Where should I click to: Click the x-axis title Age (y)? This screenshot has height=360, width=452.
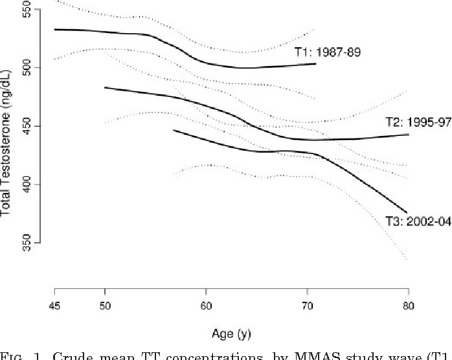[231, 334]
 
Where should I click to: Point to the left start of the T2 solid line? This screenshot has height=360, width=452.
[105, 87]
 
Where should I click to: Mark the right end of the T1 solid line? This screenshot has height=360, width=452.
[316, 63]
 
